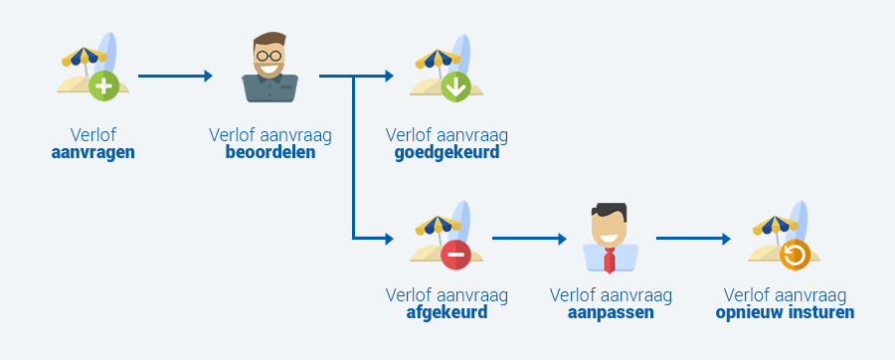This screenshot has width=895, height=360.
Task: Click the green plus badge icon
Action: [x=103, y=87]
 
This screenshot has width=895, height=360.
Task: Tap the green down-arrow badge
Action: [x=455, y=88]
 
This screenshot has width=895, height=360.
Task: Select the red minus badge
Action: [x=455, y=256]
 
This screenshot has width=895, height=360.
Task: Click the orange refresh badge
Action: [x=795, y=256]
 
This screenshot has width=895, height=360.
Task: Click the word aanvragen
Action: [x=92, y=153]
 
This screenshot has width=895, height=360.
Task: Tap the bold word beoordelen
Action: [x=269, y=153]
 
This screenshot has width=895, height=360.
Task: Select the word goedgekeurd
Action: [x=447, y=153]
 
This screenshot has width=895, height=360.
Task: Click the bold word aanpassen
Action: [x=611, y=312]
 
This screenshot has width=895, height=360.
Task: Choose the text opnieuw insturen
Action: [x=785, y=312]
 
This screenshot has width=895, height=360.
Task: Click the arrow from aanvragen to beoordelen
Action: [x=175, y=76]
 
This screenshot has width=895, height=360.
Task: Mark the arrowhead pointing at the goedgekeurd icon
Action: [x=389, y=76]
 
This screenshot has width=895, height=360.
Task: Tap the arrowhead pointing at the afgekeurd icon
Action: [x=389, y=239]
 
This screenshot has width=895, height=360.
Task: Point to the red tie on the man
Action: [x=610, y=261]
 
